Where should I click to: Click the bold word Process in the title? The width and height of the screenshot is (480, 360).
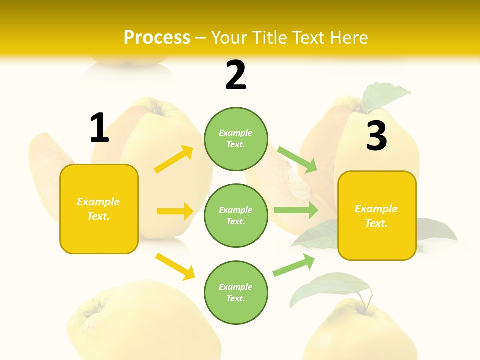[157, 38]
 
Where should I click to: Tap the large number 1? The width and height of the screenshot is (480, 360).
[99, 128]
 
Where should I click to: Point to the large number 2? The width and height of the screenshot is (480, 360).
[236, 75]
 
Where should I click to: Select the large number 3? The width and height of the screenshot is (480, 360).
[376, 136]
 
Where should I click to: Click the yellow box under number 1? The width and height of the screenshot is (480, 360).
[99, 209]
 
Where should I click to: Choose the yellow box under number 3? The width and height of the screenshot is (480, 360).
[377, 216]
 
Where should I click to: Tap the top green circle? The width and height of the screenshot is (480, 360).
[236, 139]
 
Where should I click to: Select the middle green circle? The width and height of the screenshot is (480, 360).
[236, 215]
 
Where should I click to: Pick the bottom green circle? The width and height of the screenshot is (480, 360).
[236, 292]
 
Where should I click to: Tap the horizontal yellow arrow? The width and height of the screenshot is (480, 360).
[175, 211]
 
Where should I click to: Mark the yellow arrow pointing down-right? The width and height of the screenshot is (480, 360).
[175, 266]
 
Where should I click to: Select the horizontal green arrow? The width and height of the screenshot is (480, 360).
[296, 210]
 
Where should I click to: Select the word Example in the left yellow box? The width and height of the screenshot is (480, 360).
[98, 202]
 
